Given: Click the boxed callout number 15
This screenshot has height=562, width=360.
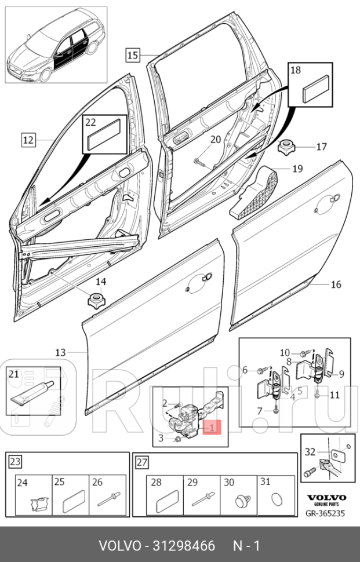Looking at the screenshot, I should tap(132, 56).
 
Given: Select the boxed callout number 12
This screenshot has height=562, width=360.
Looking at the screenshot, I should tap(29, 140).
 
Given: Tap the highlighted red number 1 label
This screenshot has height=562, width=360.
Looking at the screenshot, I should tap(213, 428).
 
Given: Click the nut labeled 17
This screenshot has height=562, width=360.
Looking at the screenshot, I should tap(286, 147).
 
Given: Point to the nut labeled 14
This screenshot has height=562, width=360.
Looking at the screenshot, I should tap(93, 301).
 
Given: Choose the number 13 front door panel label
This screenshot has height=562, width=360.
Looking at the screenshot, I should tap(61, 352).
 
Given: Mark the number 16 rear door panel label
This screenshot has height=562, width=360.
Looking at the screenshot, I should tap(336, 284).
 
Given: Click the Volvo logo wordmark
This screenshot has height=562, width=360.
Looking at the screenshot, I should tap(326, 498).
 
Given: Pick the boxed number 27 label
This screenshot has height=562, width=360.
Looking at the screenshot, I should tap(141, 462).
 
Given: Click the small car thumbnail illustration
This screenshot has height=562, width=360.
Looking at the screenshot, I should tap(56, 45).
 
